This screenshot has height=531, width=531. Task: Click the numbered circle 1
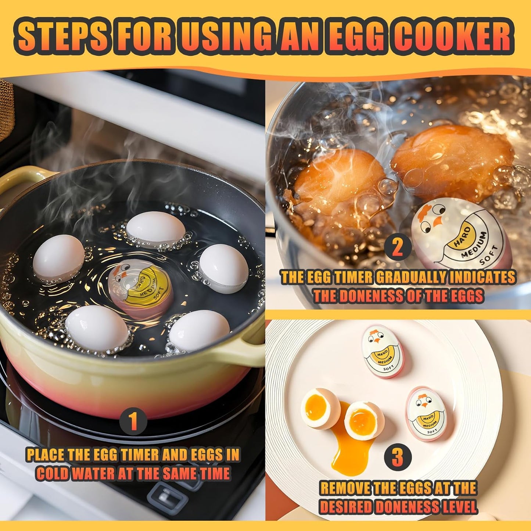pyautogui.click(x=133, y=421)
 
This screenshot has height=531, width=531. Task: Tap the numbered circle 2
pyautogui.click(x=398, y=247)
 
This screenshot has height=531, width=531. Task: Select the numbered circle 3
pyautogui.click(x=397, y=458)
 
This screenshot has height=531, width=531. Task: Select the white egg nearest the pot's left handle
pyautogui.click(x=58, y=259)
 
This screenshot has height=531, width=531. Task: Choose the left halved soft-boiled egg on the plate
pyautogui.click(x=320, y=408)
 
